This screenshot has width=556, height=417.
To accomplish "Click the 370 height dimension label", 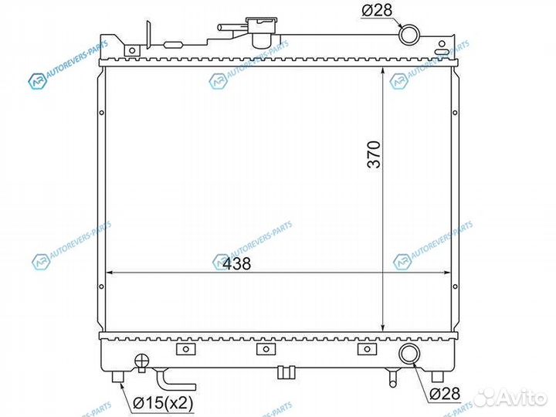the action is click(x=374, y=154).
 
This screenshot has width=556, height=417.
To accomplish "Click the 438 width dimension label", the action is click(x=237, y=263).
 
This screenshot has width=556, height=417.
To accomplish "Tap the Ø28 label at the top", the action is click(x=377, y=9).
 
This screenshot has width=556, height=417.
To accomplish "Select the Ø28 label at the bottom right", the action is click(x=445, y=394).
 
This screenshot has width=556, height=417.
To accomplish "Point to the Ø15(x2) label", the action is click(x=163, y=403).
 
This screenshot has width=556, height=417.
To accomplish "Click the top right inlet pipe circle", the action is click(x=409, y=35).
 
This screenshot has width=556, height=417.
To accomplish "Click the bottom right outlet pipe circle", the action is click(x=410, y=354).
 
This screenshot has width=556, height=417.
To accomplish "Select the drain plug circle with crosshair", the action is click(x=142, y=361).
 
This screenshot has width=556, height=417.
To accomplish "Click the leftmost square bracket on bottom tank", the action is click(x=186, y=349).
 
